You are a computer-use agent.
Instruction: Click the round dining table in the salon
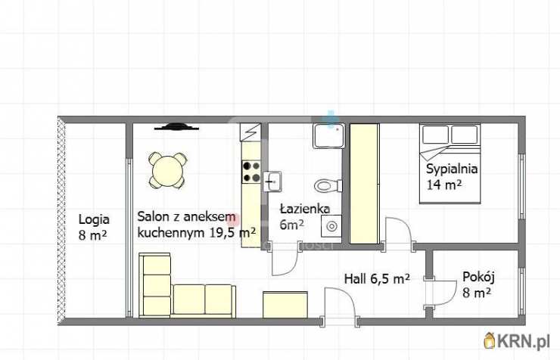point(167,170)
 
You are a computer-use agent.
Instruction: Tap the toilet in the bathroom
point(328,185)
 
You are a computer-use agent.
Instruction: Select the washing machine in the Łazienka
point(331,226)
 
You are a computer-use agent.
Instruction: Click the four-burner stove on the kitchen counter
point(251,172)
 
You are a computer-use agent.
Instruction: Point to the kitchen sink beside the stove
point(272,182)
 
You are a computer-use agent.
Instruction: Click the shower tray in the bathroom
point(329,135)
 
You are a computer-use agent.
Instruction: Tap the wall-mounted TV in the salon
point(176,126)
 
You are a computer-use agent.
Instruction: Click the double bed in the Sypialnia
point(450,163)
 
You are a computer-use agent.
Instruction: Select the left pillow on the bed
point(436,135)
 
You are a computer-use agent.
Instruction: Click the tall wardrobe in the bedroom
point(364,184)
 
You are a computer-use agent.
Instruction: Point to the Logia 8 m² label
point(94,228)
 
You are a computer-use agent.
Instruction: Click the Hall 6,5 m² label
point(377,278)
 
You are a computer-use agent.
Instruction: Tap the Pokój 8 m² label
point(478,284)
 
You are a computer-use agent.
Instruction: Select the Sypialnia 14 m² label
point(452,176)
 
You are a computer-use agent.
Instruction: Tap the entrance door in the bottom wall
point(340,304)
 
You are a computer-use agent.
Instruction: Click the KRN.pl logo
point(517,341)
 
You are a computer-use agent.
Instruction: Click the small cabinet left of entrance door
point(285,304)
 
